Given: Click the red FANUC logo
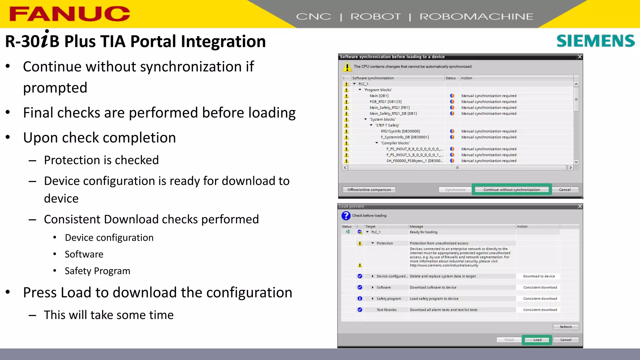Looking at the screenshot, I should tap(69, 14).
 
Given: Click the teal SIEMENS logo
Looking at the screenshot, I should tap(595, 41).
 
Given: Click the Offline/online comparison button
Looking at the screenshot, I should tap(369, 190).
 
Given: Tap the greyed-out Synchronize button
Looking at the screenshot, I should tap(455, 190).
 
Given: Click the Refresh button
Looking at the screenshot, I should tap(566, 327).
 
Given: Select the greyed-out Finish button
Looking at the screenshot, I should tap(509, 340).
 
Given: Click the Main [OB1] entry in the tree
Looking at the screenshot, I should tap(379, 96).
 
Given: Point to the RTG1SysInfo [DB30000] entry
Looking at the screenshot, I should tap(400, 131).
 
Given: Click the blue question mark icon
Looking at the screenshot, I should tap(346, 216).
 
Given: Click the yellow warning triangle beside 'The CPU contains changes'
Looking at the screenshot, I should tap(347, 67).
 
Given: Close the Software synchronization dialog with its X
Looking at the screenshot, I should tap(580, 57).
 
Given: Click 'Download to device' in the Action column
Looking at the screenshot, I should tap(539, 276).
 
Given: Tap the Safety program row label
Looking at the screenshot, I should tap(388, 299).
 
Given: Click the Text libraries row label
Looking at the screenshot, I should tap(386, 310).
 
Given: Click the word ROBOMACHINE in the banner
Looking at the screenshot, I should tap(476, 17).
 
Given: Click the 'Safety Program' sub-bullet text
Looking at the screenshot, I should tap(97, 271).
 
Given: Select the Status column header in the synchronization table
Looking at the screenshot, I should tap(450, 78).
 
